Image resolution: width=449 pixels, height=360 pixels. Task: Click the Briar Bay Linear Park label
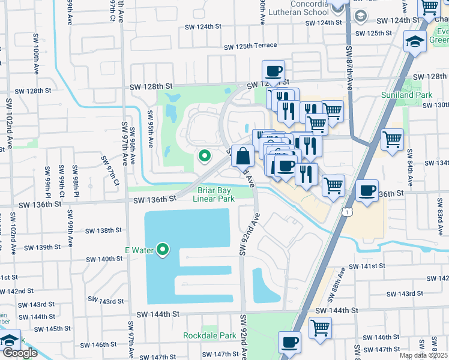216,194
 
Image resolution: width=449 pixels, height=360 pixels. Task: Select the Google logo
20,353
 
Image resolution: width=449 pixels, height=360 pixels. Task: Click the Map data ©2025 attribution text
424,355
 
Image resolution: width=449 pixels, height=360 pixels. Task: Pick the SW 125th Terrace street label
250,46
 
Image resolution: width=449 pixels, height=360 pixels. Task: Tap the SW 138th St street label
103,230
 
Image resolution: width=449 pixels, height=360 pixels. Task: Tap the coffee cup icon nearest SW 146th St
290,343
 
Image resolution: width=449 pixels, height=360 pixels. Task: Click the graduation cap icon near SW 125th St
415,41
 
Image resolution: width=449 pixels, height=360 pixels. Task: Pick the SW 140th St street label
104,259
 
